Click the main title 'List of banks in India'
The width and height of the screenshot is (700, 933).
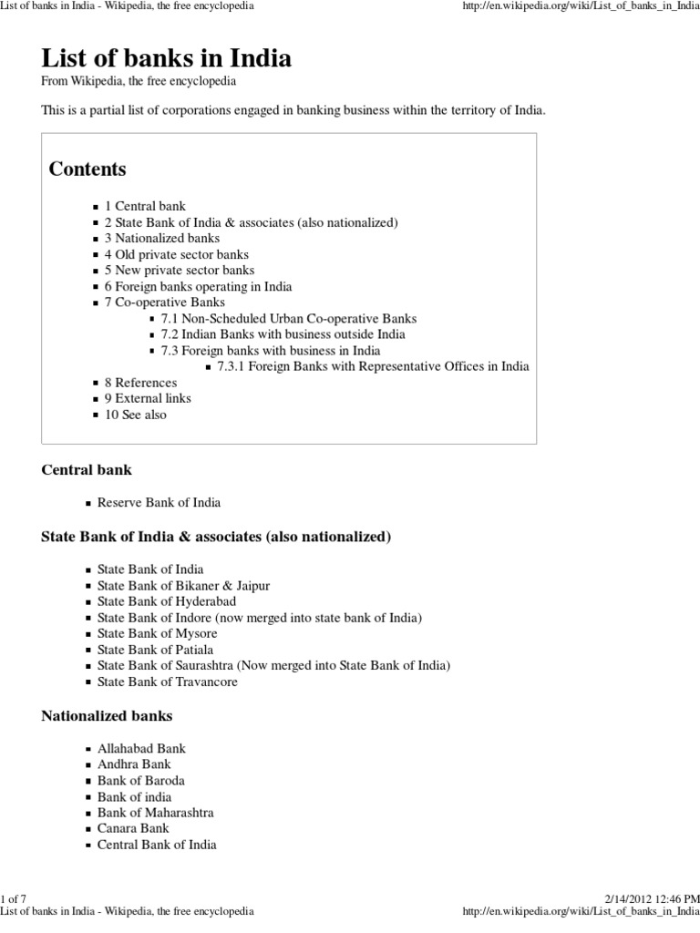pyautogui.click(x=167, y=59)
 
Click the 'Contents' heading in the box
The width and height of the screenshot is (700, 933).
pyautogui.click(x=87, y=169)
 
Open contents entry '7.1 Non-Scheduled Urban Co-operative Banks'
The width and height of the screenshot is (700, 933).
pyautogui.click(x=289, y=318)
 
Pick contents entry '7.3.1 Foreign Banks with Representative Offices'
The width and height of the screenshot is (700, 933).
pyautogui.click(x=373, y=366)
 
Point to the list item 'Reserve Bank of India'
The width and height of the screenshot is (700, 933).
pyautogui.click(x=159, y=502)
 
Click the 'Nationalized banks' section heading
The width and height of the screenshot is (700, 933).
pyautogui.click(x=107, y=715)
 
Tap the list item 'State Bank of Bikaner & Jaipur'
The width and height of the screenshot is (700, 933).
pyautogui.click(x=183, y=585)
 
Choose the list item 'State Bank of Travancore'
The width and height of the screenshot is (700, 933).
pyautogui.click(x=168, y=682)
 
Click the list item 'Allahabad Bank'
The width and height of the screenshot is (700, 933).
pyautogui.click(x=141, y=748)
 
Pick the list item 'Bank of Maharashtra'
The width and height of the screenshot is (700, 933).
pyautogui.click(x=155, y=812)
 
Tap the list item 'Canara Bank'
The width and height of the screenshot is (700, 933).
pyautogui.click(x=133, y=828)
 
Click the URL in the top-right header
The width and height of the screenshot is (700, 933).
pyautogui.click(x=581, y=6)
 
